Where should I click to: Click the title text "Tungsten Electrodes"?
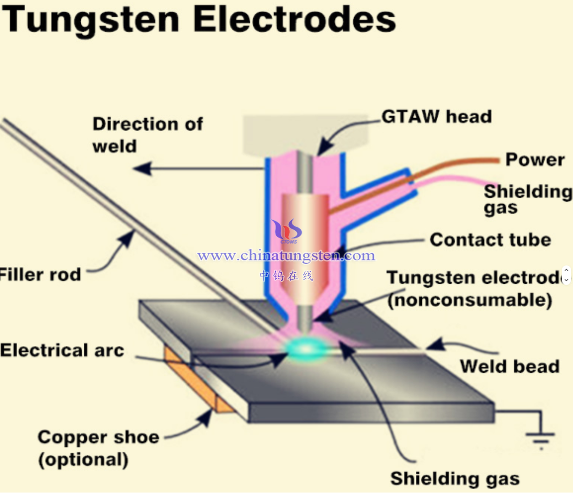199,20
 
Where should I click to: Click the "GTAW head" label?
436,117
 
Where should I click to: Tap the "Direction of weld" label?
147,135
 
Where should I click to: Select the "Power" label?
535,160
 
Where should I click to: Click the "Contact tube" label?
490,240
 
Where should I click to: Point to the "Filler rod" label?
40,275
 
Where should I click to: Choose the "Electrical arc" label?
62,350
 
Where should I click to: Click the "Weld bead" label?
509,366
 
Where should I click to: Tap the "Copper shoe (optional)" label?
98,448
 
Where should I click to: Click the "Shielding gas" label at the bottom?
455,478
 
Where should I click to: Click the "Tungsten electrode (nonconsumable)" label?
473,289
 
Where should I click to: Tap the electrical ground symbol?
541,436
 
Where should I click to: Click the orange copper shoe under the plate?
196,384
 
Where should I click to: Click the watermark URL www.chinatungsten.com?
286,255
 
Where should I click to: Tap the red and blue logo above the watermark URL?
287,231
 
